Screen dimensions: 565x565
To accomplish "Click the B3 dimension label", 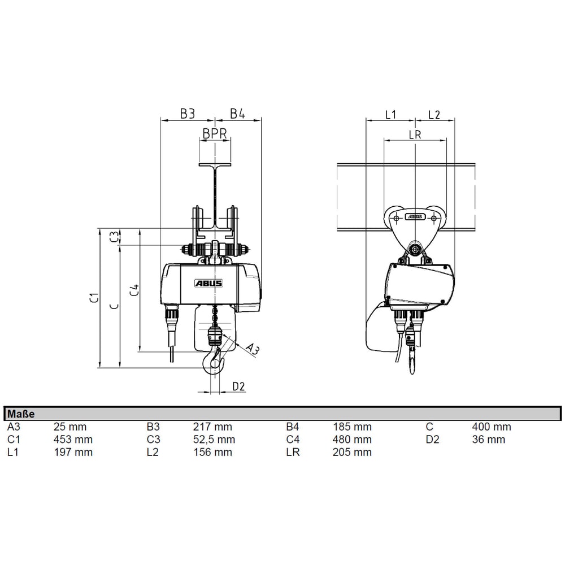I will (x=188, y=114).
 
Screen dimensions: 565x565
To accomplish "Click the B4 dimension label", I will (x=238, y=114).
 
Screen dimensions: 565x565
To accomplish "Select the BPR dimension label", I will (x=215, y=134).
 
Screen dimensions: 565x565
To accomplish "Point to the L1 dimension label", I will (x=390, y=114).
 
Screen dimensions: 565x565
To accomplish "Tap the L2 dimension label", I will (x=434, y=114).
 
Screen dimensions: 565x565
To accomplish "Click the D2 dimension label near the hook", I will (x=239, y=386).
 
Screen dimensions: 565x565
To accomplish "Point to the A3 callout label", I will (x=253, y=349).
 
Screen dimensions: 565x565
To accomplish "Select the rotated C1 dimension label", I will (x=95, y=298).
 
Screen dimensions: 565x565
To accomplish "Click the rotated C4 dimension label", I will (x=134, y=290).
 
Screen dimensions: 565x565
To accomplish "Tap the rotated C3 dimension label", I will (x=115, y=237).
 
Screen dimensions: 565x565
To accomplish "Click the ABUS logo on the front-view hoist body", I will (x=209, y=284).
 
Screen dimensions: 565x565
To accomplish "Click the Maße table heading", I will (x=21, y=414).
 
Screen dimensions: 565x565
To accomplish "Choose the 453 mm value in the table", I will (x=73, y=440).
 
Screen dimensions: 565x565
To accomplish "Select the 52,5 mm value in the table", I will (x=214, y=440).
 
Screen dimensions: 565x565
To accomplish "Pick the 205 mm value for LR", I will (x=353, y=452).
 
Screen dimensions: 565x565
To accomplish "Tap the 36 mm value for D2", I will (x=488, y=440).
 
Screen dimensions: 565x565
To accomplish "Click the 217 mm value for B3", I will (x=212, y=427).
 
